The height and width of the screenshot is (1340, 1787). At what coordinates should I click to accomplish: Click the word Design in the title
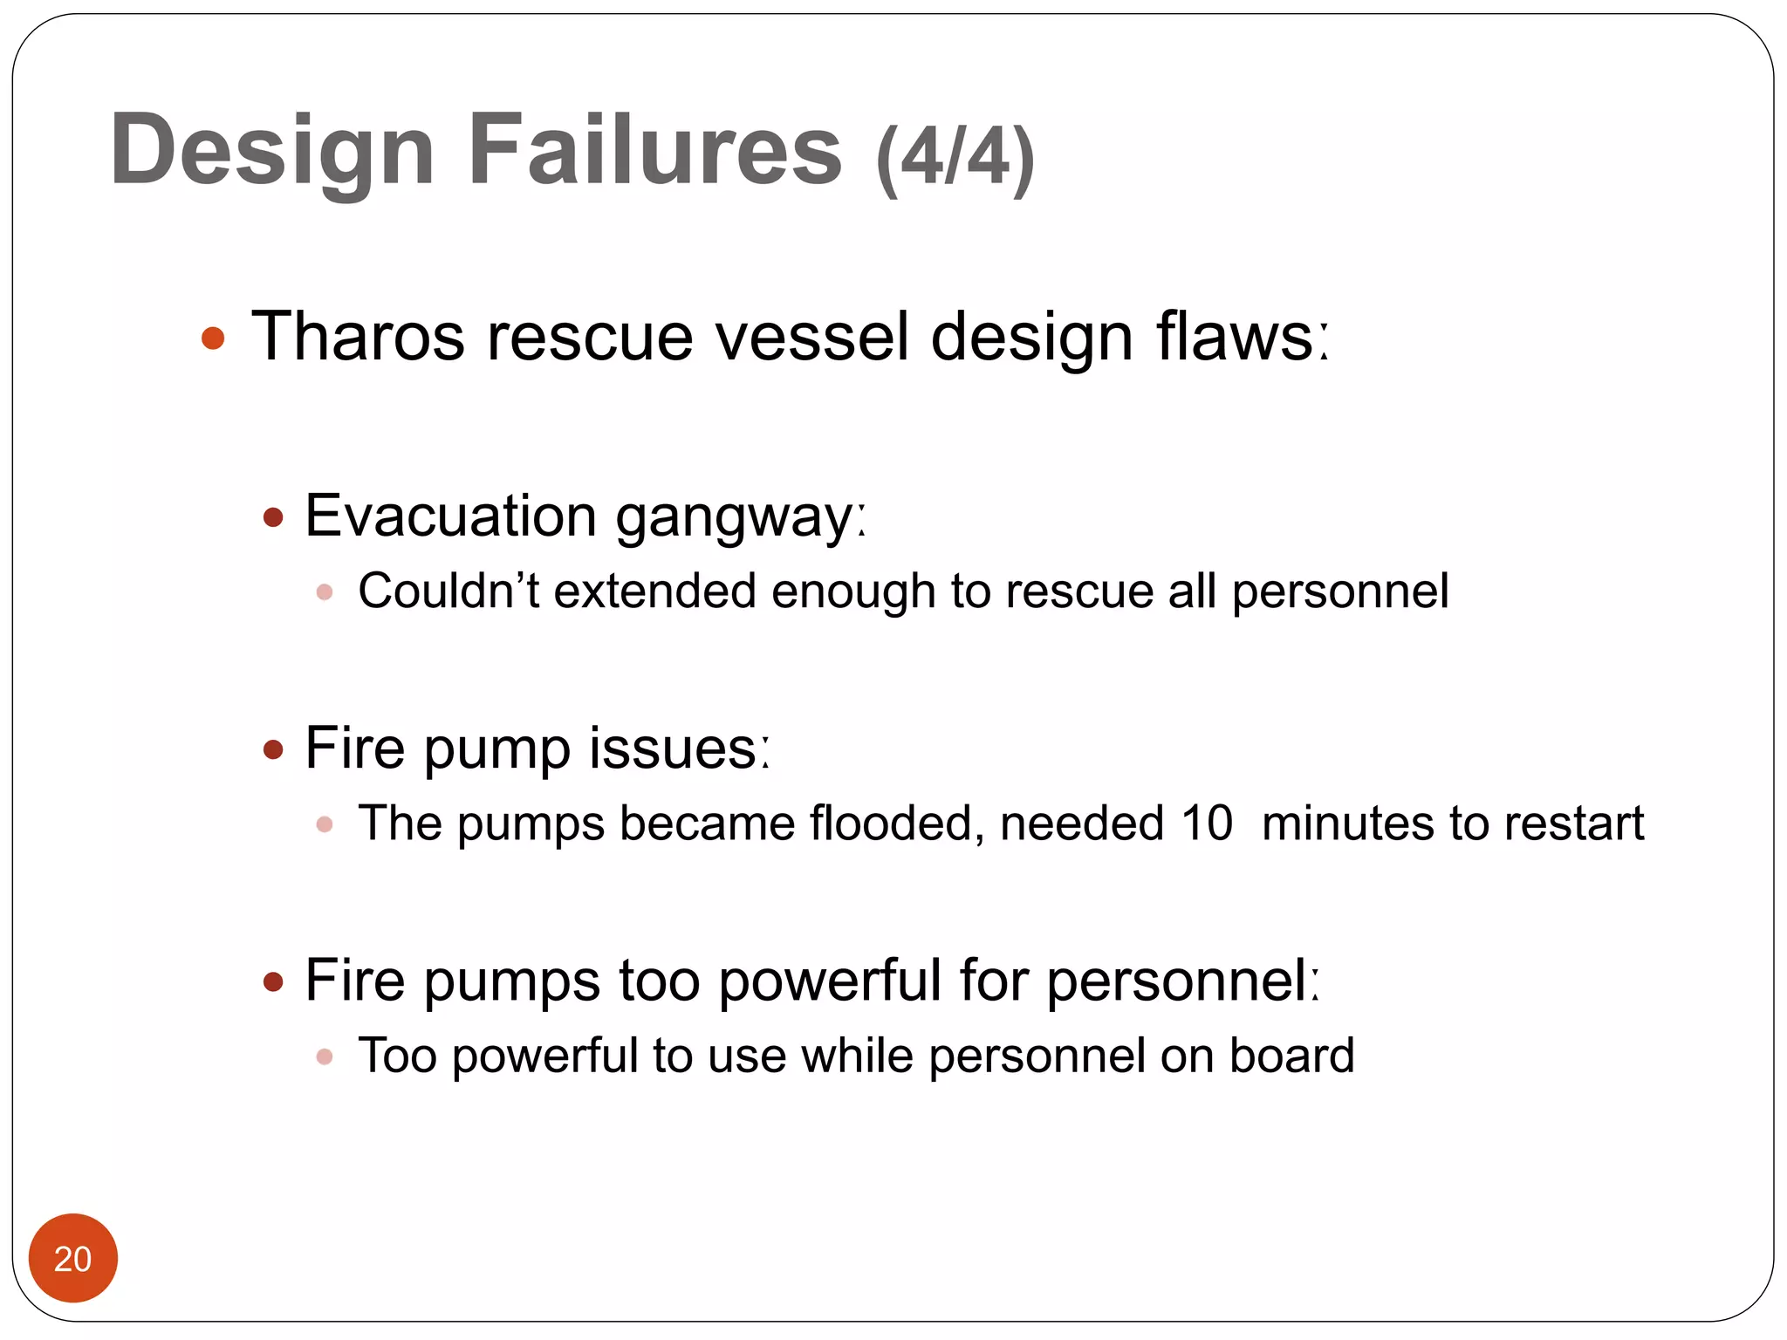[x=271, y=151]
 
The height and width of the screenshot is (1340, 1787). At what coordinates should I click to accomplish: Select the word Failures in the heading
[x=655, y=149]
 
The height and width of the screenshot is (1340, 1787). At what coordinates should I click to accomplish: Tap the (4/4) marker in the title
[x=955, y=158]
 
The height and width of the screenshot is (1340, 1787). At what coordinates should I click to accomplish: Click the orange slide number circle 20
[x=73, y=1258]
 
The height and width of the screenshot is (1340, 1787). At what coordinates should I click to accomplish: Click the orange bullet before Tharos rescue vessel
[x=213, y=338]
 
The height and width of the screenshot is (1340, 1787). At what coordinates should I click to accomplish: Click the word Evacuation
[x=450, y=516]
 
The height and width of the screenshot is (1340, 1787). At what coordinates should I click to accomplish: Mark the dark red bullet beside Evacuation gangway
[x=273, y=518]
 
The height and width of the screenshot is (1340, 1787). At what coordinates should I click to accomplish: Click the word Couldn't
[x=448, y=591]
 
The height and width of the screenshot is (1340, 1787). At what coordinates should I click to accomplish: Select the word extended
[x=654, y=591]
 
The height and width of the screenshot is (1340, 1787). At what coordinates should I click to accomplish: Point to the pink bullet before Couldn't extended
[x=325, y=592]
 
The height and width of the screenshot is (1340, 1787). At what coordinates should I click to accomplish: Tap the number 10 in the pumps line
[x=1206, y=823]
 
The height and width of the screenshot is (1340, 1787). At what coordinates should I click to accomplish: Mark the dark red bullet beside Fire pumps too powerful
[x=273, y=983]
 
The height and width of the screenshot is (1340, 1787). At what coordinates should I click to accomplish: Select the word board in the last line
[x=1291, y=1055]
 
